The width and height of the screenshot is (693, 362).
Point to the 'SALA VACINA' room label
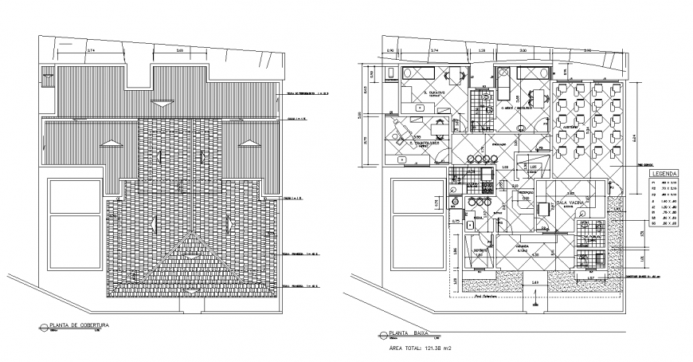click(571, 203)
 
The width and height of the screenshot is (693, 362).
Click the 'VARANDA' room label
click(522, 247)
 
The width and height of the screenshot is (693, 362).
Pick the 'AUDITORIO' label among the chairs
click(570, 124)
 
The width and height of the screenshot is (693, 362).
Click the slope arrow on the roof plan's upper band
click(162, 102)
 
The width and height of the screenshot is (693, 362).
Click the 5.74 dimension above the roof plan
click(91, 52)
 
